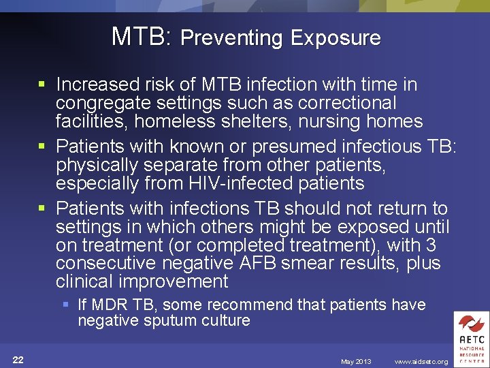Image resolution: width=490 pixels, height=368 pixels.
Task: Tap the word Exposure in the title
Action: pos(336,37)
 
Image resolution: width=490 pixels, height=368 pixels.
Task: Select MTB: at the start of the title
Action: pos(142,36)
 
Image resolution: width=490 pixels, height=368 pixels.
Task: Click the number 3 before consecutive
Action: pos(430,245)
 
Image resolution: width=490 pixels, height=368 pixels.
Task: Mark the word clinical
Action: pos(86,281)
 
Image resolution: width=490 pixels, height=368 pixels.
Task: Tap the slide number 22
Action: pos(18,361)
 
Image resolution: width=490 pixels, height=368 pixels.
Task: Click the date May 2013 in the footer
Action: pos(356,361)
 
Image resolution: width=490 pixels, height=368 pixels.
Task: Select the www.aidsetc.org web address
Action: pos(421,361)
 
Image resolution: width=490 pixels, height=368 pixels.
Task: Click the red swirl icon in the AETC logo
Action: pos(470,324)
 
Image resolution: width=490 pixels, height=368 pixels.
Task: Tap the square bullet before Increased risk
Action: pos(42,85)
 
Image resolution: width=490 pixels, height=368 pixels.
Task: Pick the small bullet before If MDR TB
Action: pos(66,305)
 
